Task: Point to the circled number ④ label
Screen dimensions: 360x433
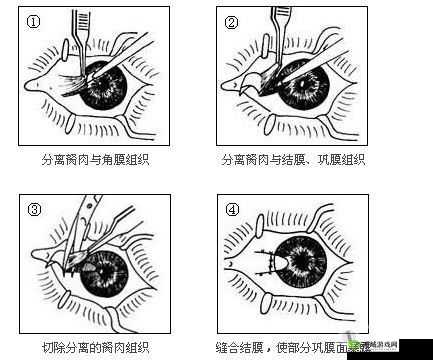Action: [x=233, y=210]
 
